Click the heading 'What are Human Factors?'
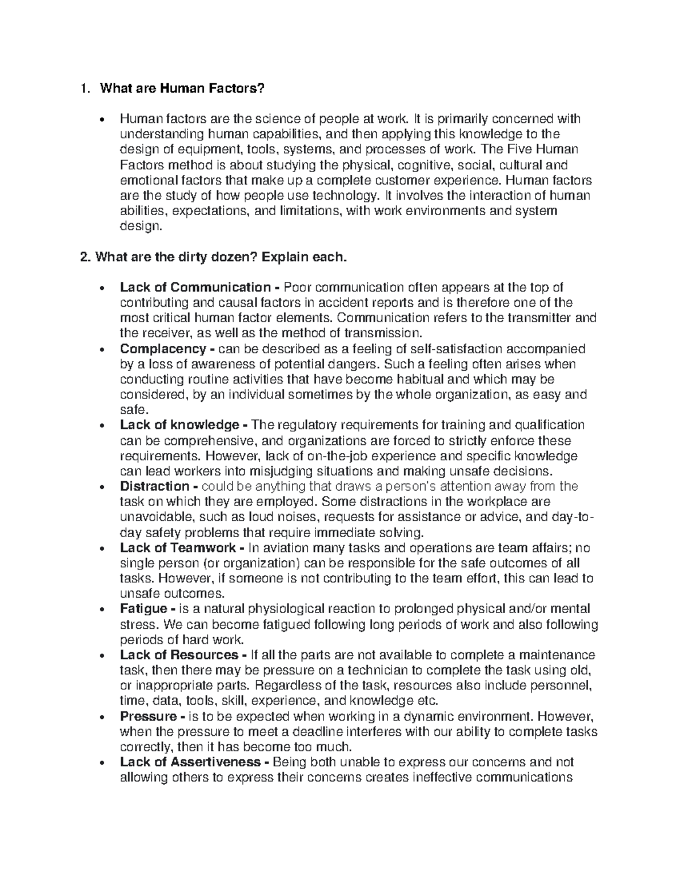(x=182, y=88)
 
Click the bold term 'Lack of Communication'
(x=195, y=288)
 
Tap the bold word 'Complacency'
(x=163, y=349)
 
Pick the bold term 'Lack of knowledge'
(x=179, y=425)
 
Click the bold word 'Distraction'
(x=155, y=486)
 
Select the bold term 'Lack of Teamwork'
(x=177, y=548)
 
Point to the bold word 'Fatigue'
(x=143, y=609)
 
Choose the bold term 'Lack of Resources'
(x=179, y=655)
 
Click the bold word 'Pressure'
(x=148, y=716)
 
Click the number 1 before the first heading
(x=84, y=88)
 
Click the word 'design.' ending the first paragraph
(x=141, y=226)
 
